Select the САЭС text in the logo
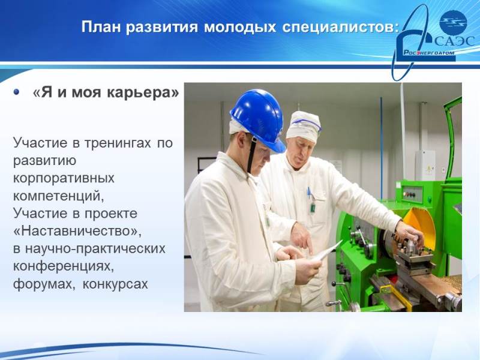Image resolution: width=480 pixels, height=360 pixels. tap(454, 41)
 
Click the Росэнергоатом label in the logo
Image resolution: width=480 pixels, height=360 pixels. tap(428, 53)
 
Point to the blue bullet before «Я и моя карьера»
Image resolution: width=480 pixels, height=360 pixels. tap(16, 92)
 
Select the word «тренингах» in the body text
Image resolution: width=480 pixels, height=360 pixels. tap(118, 143)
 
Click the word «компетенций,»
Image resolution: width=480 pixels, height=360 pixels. tap(59, 196)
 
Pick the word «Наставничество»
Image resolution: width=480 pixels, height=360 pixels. tap(77, 231)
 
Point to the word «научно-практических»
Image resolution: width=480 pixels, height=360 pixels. tap(95, 248)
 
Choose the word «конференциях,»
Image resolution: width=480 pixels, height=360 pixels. tap(64, 266)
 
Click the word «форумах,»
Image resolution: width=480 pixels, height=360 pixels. tap(44, 284)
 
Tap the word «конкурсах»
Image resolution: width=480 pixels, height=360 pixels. tap(115, 284)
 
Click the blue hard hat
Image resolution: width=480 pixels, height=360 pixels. tap(258, 120)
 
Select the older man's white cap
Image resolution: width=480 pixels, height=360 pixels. tap(304, 125)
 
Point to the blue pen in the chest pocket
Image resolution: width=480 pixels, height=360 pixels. tap(309, 193)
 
